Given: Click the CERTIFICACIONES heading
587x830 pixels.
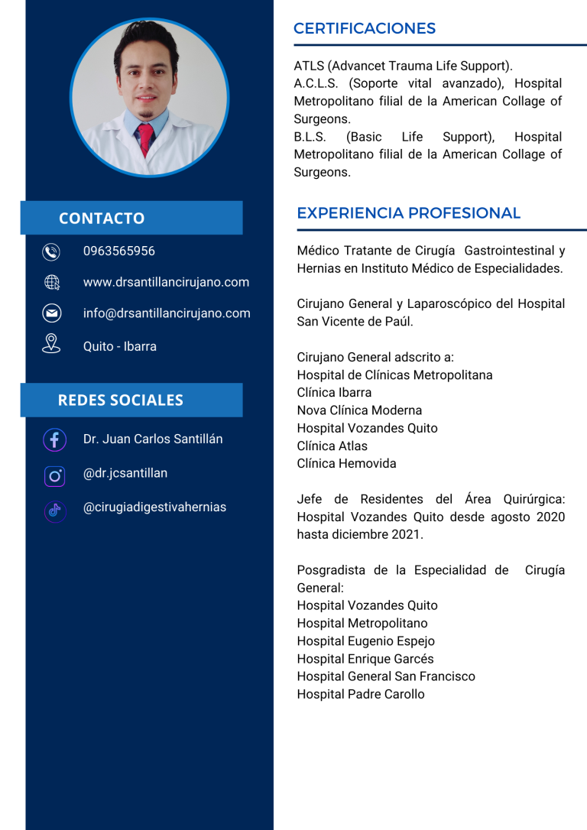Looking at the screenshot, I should [x=364, y=29].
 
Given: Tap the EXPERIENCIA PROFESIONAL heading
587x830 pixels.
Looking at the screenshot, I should [x=408, y=213].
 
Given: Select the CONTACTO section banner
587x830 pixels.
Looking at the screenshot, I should [x=131, y=218].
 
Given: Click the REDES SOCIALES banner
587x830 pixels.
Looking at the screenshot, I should [x=131, y=400].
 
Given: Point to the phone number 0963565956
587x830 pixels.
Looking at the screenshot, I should [x=118, y=251].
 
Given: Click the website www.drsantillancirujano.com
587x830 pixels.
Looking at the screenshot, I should [x=166, y=282].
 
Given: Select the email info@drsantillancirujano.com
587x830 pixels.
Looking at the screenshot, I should [x=167, y=313].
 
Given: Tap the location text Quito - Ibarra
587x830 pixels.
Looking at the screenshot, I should [x=119, y=346].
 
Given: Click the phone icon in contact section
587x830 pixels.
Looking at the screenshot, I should [x=51, y=251].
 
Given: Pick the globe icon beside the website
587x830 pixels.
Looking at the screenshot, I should [x=51, y=283].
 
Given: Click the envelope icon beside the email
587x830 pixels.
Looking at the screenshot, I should [x=51, y=313].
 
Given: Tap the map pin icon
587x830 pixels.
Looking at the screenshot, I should [x=51, y=343].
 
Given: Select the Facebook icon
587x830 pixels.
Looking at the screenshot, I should [x=54, y=439].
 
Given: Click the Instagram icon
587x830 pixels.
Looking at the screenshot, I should [x=54, y=475].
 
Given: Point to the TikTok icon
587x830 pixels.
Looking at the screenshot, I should [x=54, y=511].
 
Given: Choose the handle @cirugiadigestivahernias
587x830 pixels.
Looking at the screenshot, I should [x=154, y=507].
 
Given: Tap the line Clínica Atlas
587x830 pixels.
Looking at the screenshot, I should [x=332, y=446].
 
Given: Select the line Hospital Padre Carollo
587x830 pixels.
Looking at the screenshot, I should [x=360, y=694].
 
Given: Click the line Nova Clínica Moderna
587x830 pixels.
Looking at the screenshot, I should [x=359, y=410].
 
